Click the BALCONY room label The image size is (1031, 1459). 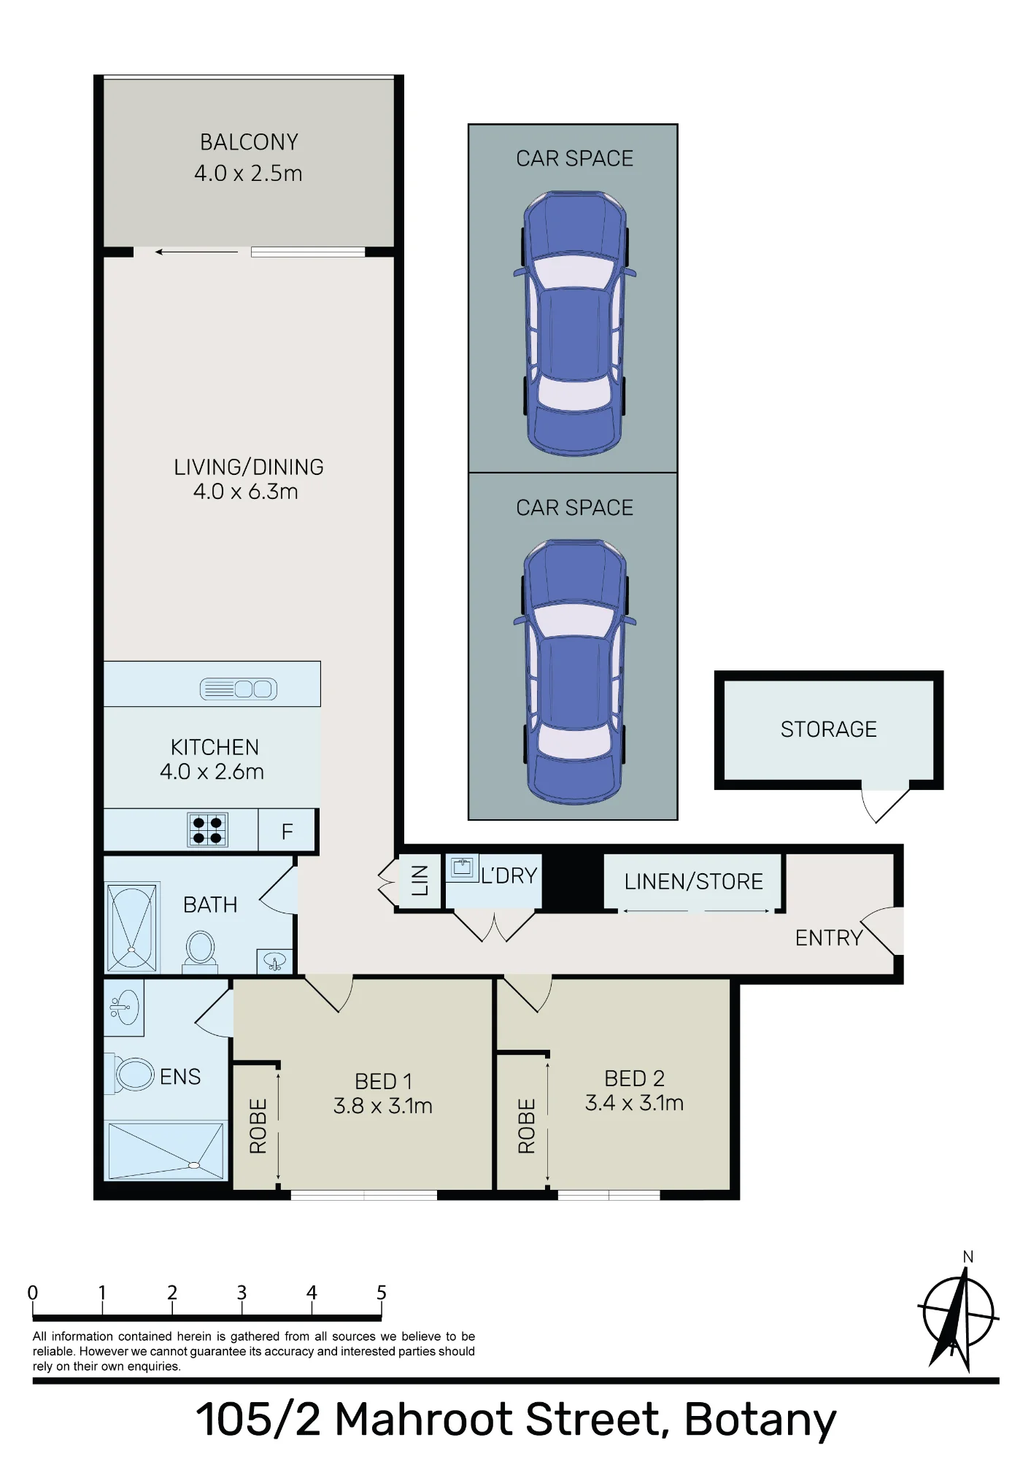(249, 142)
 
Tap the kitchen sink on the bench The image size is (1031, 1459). (239, 689)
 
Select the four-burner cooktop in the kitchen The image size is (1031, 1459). (208, 830)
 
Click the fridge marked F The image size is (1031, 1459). (287, 831)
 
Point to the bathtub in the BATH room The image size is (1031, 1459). (132, 927)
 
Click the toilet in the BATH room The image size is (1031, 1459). (200, 951)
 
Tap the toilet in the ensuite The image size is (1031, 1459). (134, 1075)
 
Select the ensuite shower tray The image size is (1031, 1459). (166, 1150)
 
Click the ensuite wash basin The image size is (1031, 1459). (124, 1007)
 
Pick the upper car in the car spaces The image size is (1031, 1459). (574, 324)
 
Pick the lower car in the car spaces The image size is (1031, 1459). (574, 673)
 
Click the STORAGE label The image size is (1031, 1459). (829, 729)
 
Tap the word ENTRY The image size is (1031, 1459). (829, 938)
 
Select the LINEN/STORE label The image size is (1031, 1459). (693, 882)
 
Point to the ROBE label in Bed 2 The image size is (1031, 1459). (527, 1126)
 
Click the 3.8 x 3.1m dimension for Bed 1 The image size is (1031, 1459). (383, 1106)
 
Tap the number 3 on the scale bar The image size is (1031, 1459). (242, 1293)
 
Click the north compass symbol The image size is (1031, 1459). (958, 1312)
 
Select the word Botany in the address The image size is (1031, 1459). (760, 1420)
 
